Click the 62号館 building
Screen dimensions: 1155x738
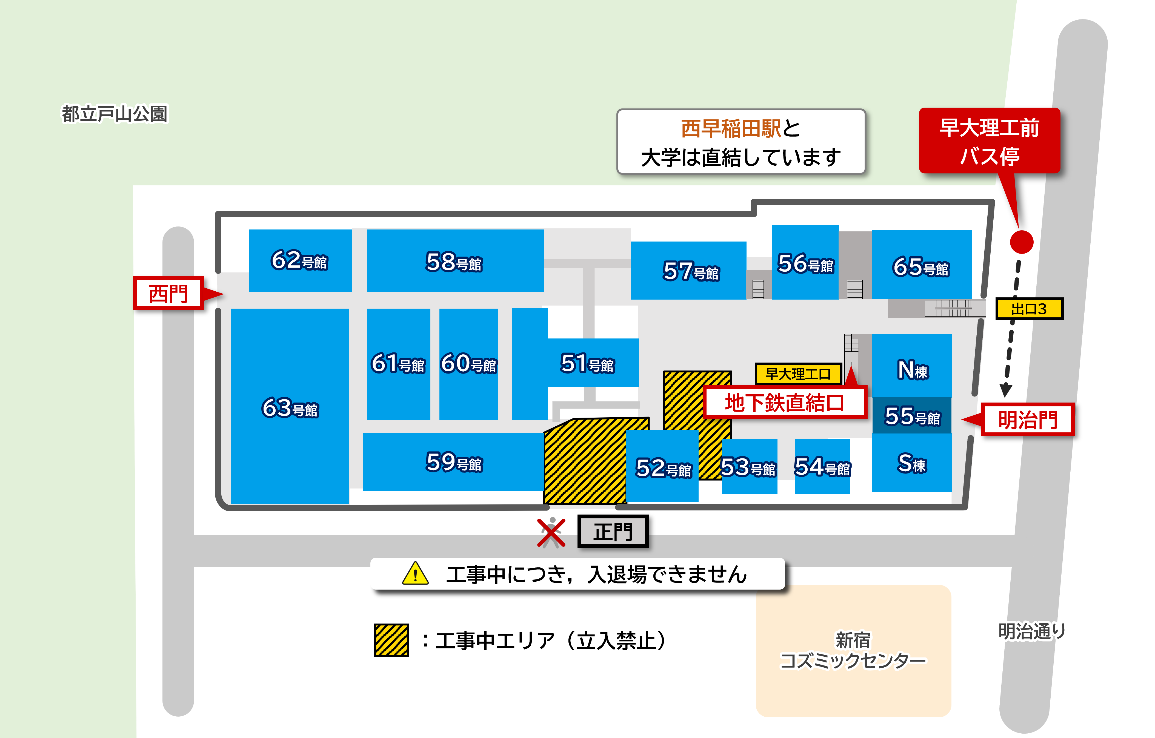[300, 260]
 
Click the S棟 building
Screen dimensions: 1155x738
[911, 463]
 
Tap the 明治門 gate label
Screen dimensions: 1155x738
[1027, 420]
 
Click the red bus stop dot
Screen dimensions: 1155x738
[1021, 242]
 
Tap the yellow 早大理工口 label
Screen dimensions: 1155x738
[798, 374]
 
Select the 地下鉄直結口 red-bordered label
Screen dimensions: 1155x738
[784, 402]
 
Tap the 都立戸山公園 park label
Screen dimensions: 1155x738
[115, 114]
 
